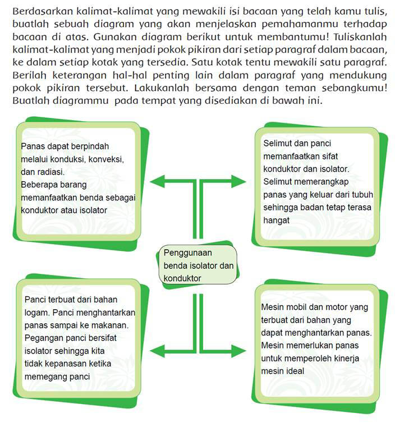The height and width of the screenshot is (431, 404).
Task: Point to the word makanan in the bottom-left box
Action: pyautogui.click(x=111, y=324)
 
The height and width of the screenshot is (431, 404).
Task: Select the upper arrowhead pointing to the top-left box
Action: pyautogui.click(x=159, y=181)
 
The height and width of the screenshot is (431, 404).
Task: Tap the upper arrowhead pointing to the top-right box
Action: pyautogui.click(x=238, y=181)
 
